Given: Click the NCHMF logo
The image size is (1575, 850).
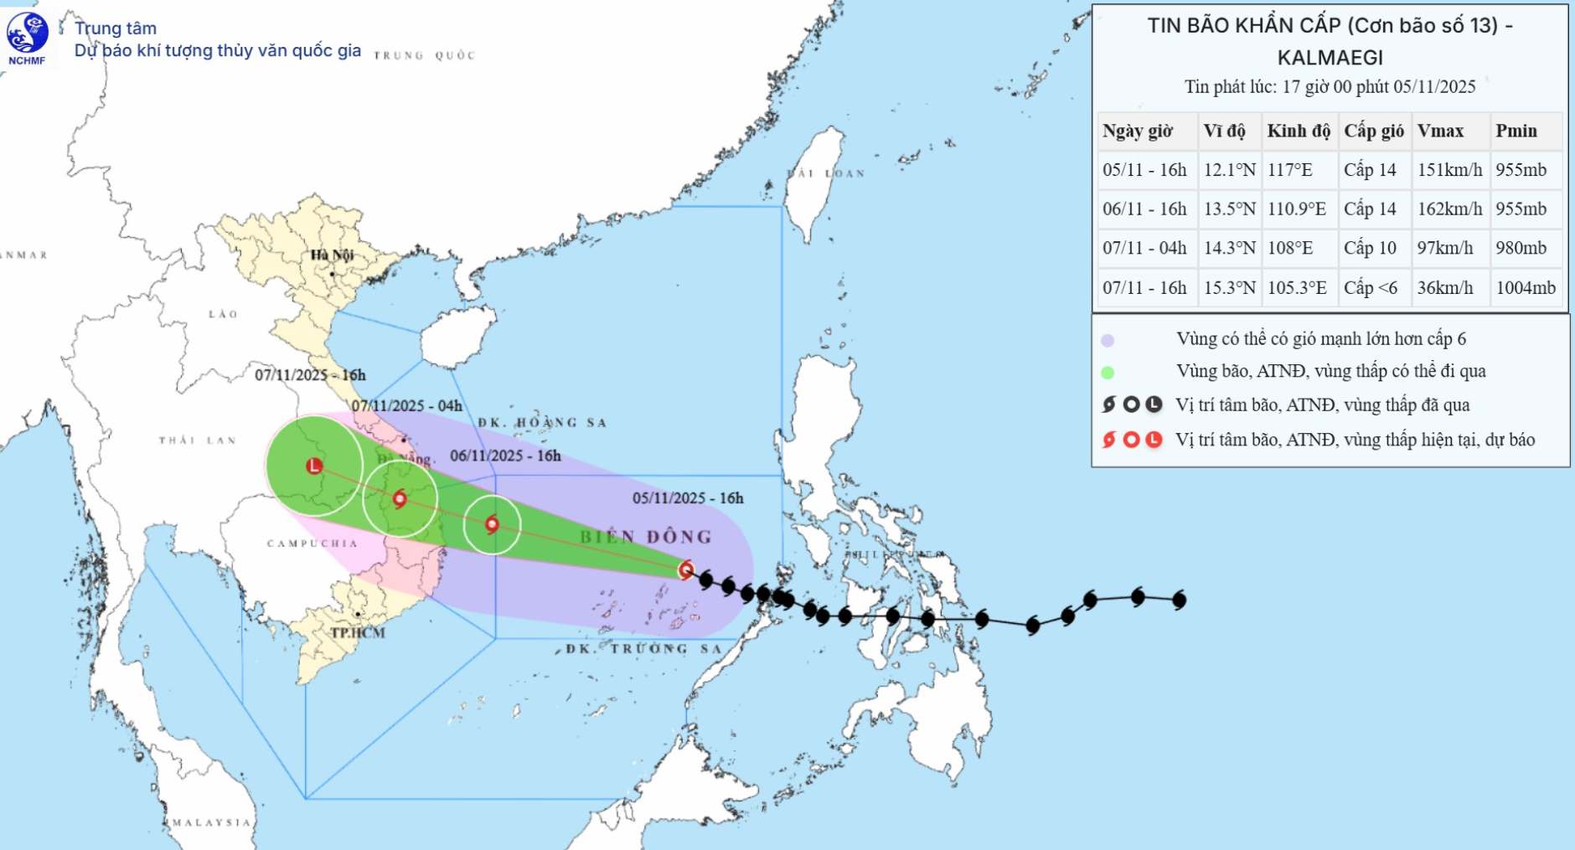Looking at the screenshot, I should point(27,38).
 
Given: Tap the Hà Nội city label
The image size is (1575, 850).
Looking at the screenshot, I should point(332,255).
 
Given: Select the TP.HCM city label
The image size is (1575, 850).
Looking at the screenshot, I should point(358,632).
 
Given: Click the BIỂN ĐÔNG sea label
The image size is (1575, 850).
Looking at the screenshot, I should point(646,537).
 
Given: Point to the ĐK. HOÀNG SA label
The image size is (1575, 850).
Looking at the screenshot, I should point(542,423).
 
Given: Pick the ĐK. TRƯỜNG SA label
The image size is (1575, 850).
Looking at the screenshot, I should point(643,648).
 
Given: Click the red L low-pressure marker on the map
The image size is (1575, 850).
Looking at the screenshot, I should point(314,466).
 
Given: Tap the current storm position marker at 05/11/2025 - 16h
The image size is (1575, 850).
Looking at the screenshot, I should point(686,570).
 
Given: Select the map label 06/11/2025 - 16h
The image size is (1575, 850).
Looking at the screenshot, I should point(505,456).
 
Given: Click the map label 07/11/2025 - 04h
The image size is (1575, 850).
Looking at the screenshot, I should point(406,406).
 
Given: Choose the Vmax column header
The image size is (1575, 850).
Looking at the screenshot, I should point(1440,131).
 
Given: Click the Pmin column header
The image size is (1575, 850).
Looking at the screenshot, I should point(1516,131).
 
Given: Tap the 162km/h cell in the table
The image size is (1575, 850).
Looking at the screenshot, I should point(1449,209).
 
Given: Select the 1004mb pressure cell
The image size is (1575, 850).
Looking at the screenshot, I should point(1526,287).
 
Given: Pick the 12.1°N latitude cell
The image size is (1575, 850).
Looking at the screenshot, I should point(1229,170).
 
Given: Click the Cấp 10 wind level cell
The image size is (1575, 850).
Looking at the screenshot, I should point(1370,248).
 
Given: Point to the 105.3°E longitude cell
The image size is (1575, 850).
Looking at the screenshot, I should point(1297,287).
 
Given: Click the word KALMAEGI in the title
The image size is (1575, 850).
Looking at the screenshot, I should point(1330,58).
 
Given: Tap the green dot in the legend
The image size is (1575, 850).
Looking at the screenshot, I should point(1108,373).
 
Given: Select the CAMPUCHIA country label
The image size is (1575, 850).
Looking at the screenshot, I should point(312,543).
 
